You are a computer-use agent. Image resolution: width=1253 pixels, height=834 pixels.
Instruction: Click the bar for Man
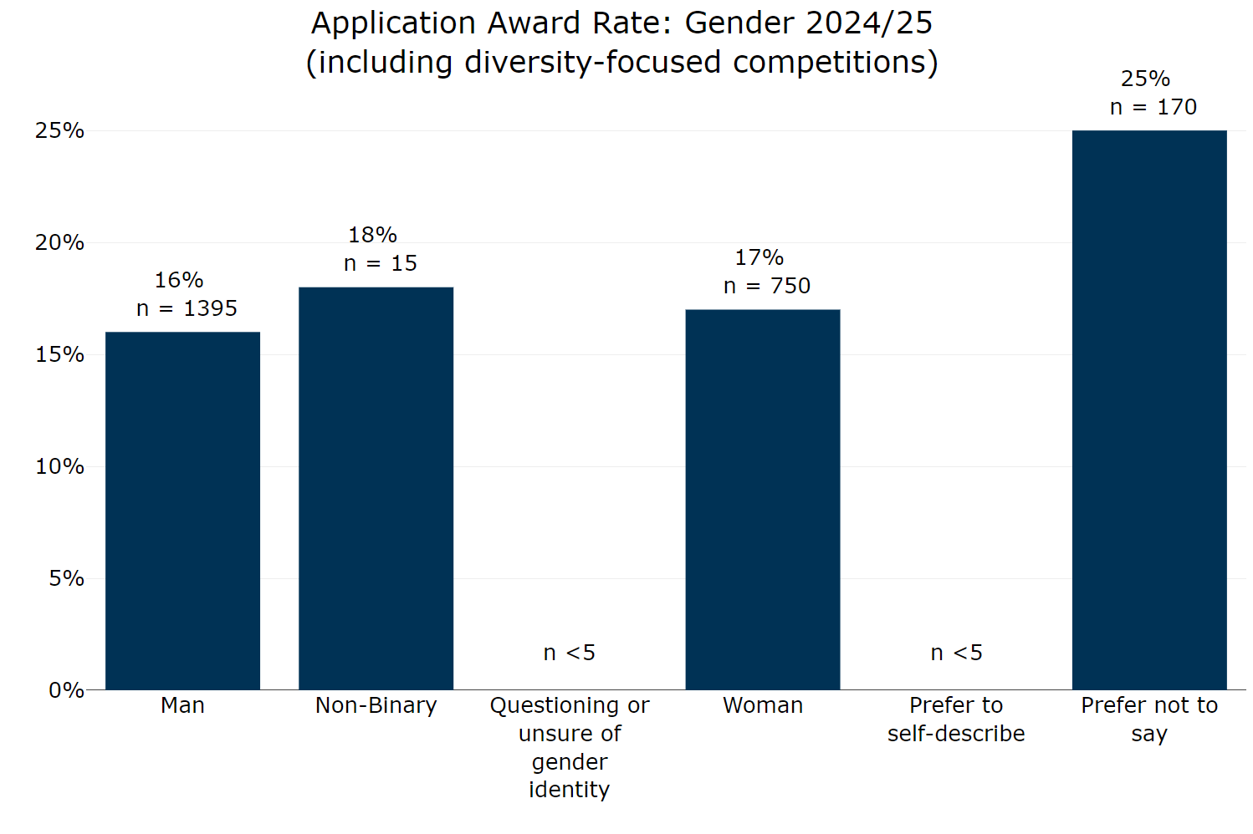pyautogui.click(x=182, y=511)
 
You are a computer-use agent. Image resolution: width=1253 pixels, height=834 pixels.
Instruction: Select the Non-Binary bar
pyautogui.click(x=376, y=488)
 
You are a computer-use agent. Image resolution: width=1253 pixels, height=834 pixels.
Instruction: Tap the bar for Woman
pyautogui.click(x=762, y=499)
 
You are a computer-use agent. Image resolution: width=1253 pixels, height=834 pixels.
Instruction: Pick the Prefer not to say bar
pyautogui.click(x=1148, y=409)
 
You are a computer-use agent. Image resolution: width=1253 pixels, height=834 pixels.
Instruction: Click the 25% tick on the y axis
pyautogui.click(x=59, y=131)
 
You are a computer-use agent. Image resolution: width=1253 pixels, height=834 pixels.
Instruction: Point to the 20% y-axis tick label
pyautogui.click(x=59, y=243)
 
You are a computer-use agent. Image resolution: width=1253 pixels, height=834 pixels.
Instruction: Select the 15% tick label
pyautogui.click(x=59, y=355)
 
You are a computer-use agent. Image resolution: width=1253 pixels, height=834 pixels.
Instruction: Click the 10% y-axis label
pyautogui.click(x=59, y=467)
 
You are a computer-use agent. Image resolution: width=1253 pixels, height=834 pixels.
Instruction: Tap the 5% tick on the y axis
pyautogui.click(x=66, y=579)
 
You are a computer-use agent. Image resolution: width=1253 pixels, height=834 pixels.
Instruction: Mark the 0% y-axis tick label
pyautogui.click(x=66, y=691)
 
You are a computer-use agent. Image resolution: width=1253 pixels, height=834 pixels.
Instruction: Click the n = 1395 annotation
pyautogui.click(x=187, y=309)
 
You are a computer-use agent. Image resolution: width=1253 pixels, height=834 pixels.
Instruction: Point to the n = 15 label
pyautogui.click(x=380, y=264)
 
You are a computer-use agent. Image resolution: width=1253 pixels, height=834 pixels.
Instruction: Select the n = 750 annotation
pyautogui.click(x=766, y=287)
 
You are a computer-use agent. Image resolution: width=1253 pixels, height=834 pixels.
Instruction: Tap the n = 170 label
pyautogui.click(x=1153, y=108)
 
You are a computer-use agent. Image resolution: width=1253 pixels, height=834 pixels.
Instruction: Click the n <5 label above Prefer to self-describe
pyautogui.click(x=956, y=653)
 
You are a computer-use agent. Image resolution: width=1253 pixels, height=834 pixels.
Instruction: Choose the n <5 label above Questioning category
pyautogui.click(x=569, y=653)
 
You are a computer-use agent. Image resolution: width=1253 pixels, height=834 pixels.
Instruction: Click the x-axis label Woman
pyautogui.click(x=762, y=706)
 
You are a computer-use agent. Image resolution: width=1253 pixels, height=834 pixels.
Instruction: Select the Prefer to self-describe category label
pyautogui.click(x=956, y=720)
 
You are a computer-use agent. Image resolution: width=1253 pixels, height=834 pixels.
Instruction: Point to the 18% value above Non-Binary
pyautogui.click(x=372, y=236)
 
